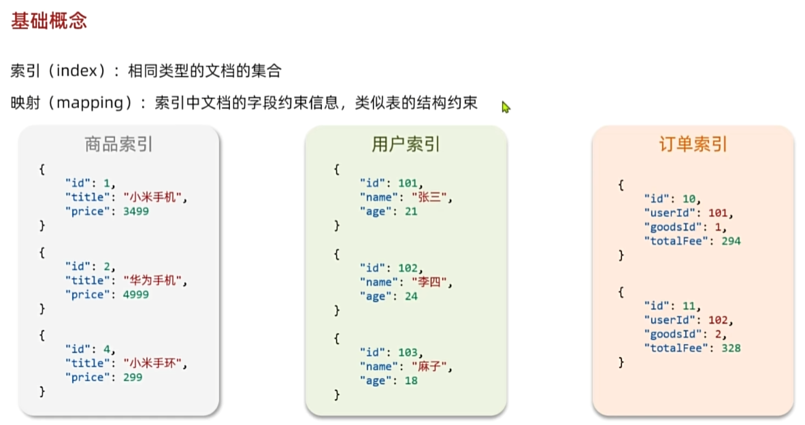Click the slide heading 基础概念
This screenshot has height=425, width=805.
49,21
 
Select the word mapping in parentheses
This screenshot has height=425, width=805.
89,103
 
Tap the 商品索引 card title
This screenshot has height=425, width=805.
118,144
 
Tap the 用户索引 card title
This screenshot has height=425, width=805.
406,144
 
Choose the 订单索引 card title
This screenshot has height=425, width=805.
693,144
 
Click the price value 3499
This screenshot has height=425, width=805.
136,211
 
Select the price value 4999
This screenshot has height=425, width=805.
136,294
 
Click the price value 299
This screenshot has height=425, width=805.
133,377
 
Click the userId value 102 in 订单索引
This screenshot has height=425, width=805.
717,320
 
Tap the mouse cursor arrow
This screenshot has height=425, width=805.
506,107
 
